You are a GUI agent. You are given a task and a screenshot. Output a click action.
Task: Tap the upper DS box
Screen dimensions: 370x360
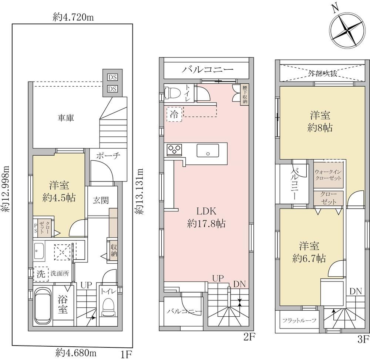point(112,77)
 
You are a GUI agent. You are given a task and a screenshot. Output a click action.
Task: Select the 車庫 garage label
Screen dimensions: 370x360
point(66,118)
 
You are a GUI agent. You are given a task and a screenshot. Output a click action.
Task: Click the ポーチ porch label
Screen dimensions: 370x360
point(108,156)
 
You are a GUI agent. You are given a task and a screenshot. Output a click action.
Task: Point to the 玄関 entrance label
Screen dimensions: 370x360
point(101,200)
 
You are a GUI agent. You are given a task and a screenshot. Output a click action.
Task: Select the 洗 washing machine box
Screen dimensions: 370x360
point(41,274)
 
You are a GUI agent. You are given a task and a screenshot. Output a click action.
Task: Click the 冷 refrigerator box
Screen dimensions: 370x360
point(174,114)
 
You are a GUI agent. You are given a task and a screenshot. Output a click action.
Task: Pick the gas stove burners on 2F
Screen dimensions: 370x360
point(174,150)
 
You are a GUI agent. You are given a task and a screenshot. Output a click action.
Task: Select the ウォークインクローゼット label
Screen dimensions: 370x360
point(328,175)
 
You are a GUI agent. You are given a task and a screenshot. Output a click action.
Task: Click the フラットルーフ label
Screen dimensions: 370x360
point(299,320)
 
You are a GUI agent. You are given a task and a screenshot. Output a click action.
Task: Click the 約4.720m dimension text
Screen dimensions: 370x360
point(73,17)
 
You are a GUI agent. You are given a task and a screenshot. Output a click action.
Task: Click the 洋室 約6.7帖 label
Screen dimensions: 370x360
point(309,252)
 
